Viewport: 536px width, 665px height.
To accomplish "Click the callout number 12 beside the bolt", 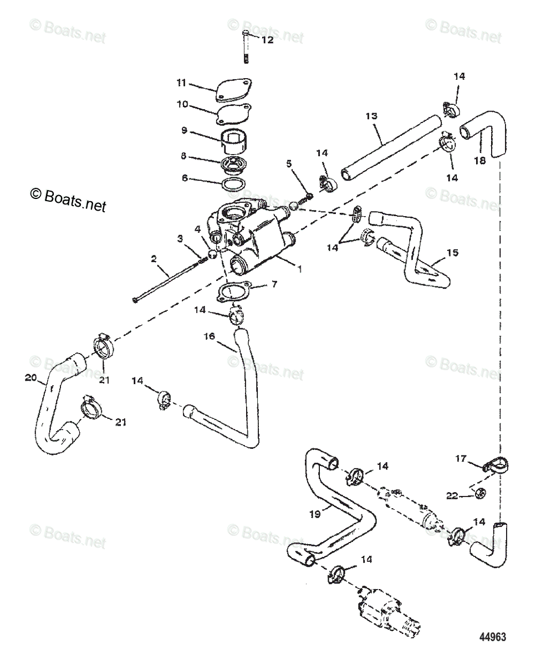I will point(267,40).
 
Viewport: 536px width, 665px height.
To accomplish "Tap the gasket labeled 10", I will point(234,115).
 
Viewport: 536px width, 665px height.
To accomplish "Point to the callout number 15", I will point(452,253).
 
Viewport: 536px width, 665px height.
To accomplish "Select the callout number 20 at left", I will point(30,378).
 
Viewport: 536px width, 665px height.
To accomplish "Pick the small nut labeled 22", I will point(481,492).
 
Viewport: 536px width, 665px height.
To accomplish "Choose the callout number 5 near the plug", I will point(289,164).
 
